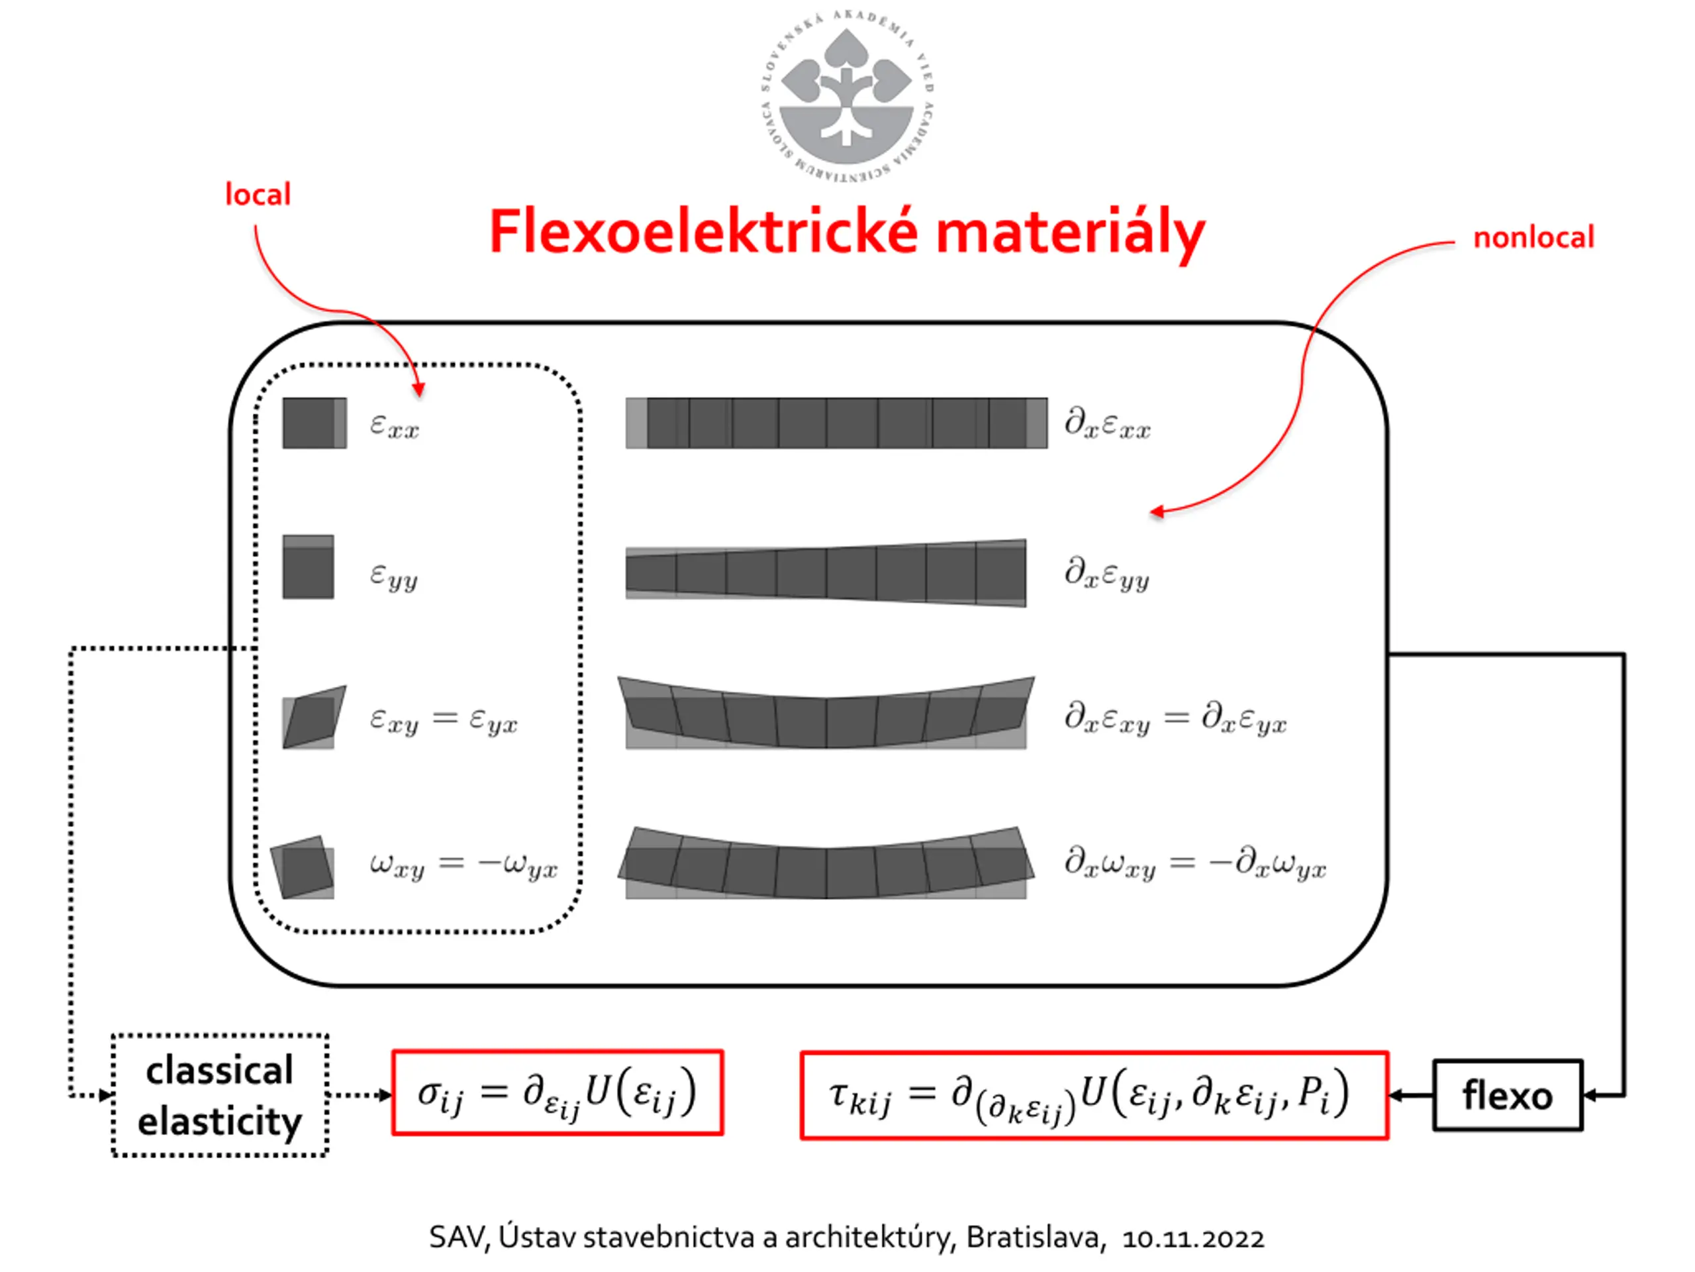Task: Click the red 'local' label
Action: [258, 195]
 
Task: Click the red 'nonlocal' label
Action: [1533, 238]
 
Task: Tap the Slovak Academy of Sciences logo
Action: [847, 96]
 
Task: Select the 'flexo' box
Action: [1506, 1095]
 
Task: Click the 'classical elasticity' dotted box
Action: [220, 1095]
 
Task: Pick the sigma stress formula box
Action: [557, 1092]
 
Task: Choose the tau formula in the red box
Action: [1094, 1095]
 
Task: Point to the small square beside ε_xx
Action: [315, 423]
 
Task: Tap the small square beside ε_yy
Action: [308, 566]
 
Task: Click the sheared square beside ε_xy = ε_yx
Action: [315, 717]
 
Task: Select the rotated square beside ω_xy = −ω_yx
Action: [303, 867]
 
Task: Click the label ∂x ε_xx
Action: [1107, 423]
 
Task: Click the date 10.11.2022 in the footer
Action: [1192, 1238]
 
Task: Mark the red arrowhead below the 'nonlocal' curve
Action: [1158, 511]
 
